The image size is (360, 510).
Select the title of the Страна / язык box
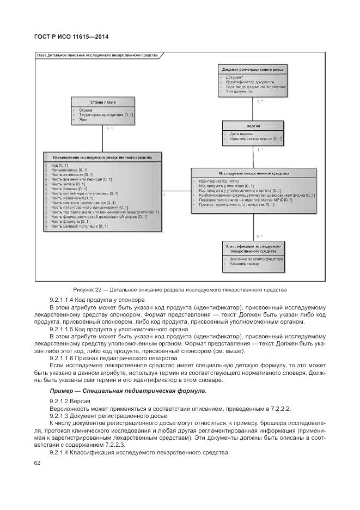pos(102,102)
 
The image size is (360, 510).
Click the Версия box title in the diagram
pos(253,126)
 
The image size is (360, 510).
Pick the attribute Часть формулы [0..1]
pos(70,221)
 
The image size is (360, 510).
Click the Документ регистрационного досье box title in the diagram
pos(253,70)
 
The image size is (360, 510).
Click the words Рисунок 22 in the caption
pos(86,289)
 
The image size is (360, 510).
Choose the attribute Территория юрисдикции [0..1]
pos(106,115)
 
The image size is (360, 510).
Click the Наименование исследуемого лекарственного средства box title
pos(102,157)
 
